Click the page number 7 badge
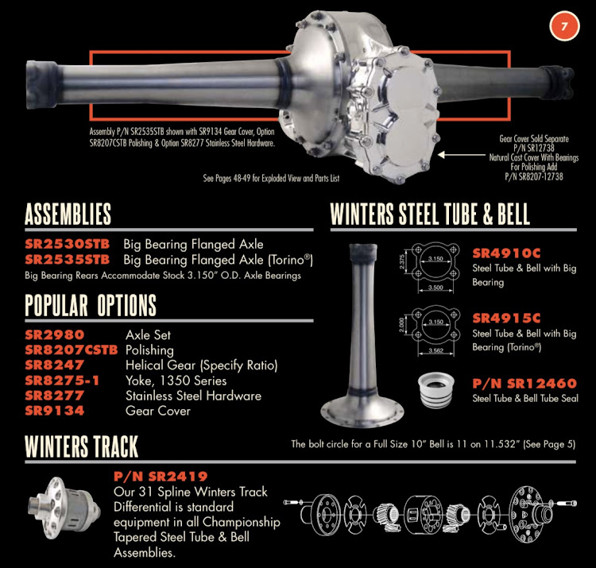(564, 26)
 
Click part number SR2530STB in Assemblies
(68, 244)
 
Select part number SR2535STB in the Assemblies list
(68, 260)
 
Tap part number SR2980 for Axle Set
(54, 334)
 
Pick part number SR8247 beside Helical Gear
(54, 365)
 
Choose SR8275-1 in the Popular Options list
(62, 381)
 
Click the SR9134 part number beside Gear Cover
(54, 411)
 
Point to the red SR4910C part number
(506, 253)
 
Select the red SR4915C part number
(506, 318)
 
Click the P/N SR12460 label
(524, 384)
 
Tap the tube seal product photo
(436, 390)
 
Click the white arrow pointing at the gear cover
(462, 155)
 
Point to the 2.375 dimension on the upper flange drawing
(403, 262)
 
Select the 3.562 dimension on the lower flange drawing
(435, 350)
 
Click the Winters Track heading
(81, 446)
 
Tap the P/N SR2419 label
(161, 477)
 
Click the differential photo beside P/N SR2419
(64, 508)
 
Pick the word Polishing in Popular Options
(149, 350)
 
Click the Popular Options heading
(91, 305)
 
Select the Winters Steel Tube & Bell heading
(430, 214)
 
